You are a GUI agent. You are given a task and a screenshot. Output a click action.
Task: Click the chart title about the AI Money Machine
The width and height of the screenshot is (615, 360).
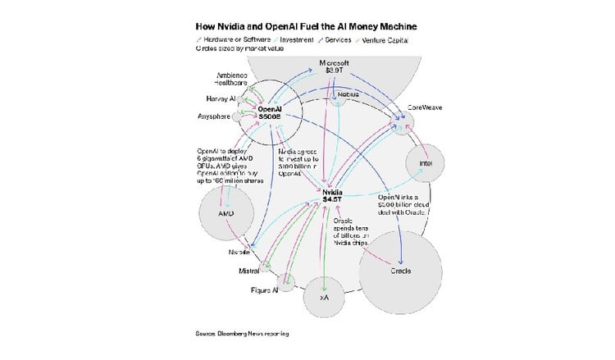coord(306,26)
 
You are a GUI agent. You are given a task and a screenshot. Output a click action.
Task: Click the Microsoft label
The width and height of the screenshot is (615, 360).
coord(335,63)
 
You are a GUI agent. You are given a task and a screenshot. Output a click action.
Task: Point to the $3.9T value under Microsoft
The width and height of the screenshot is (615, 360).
coord(335,72)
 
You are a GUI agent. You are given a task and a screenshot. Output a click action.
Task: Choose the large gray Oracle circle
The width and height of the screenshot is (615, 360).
coord(400,270)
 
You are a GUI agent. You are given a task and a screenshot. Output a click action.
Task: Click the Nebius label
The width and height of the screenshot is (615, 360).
coord(348,94)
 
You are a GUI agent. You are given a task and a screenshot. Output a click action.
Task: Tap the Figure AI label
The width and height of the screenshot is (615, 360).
coord(264,289)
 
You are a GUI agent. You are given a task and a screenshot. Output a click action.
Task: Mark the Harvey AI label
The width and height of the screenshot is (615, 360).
coord(221,98)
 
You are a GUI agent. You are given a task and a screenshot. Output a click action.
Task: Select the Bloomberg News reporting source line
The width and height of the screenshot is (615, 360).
coord(242,333)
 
